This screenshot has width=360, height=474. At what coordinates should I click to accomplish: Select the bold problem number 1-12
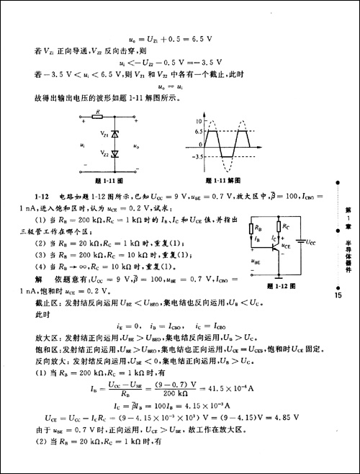(x=40, y=196)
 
